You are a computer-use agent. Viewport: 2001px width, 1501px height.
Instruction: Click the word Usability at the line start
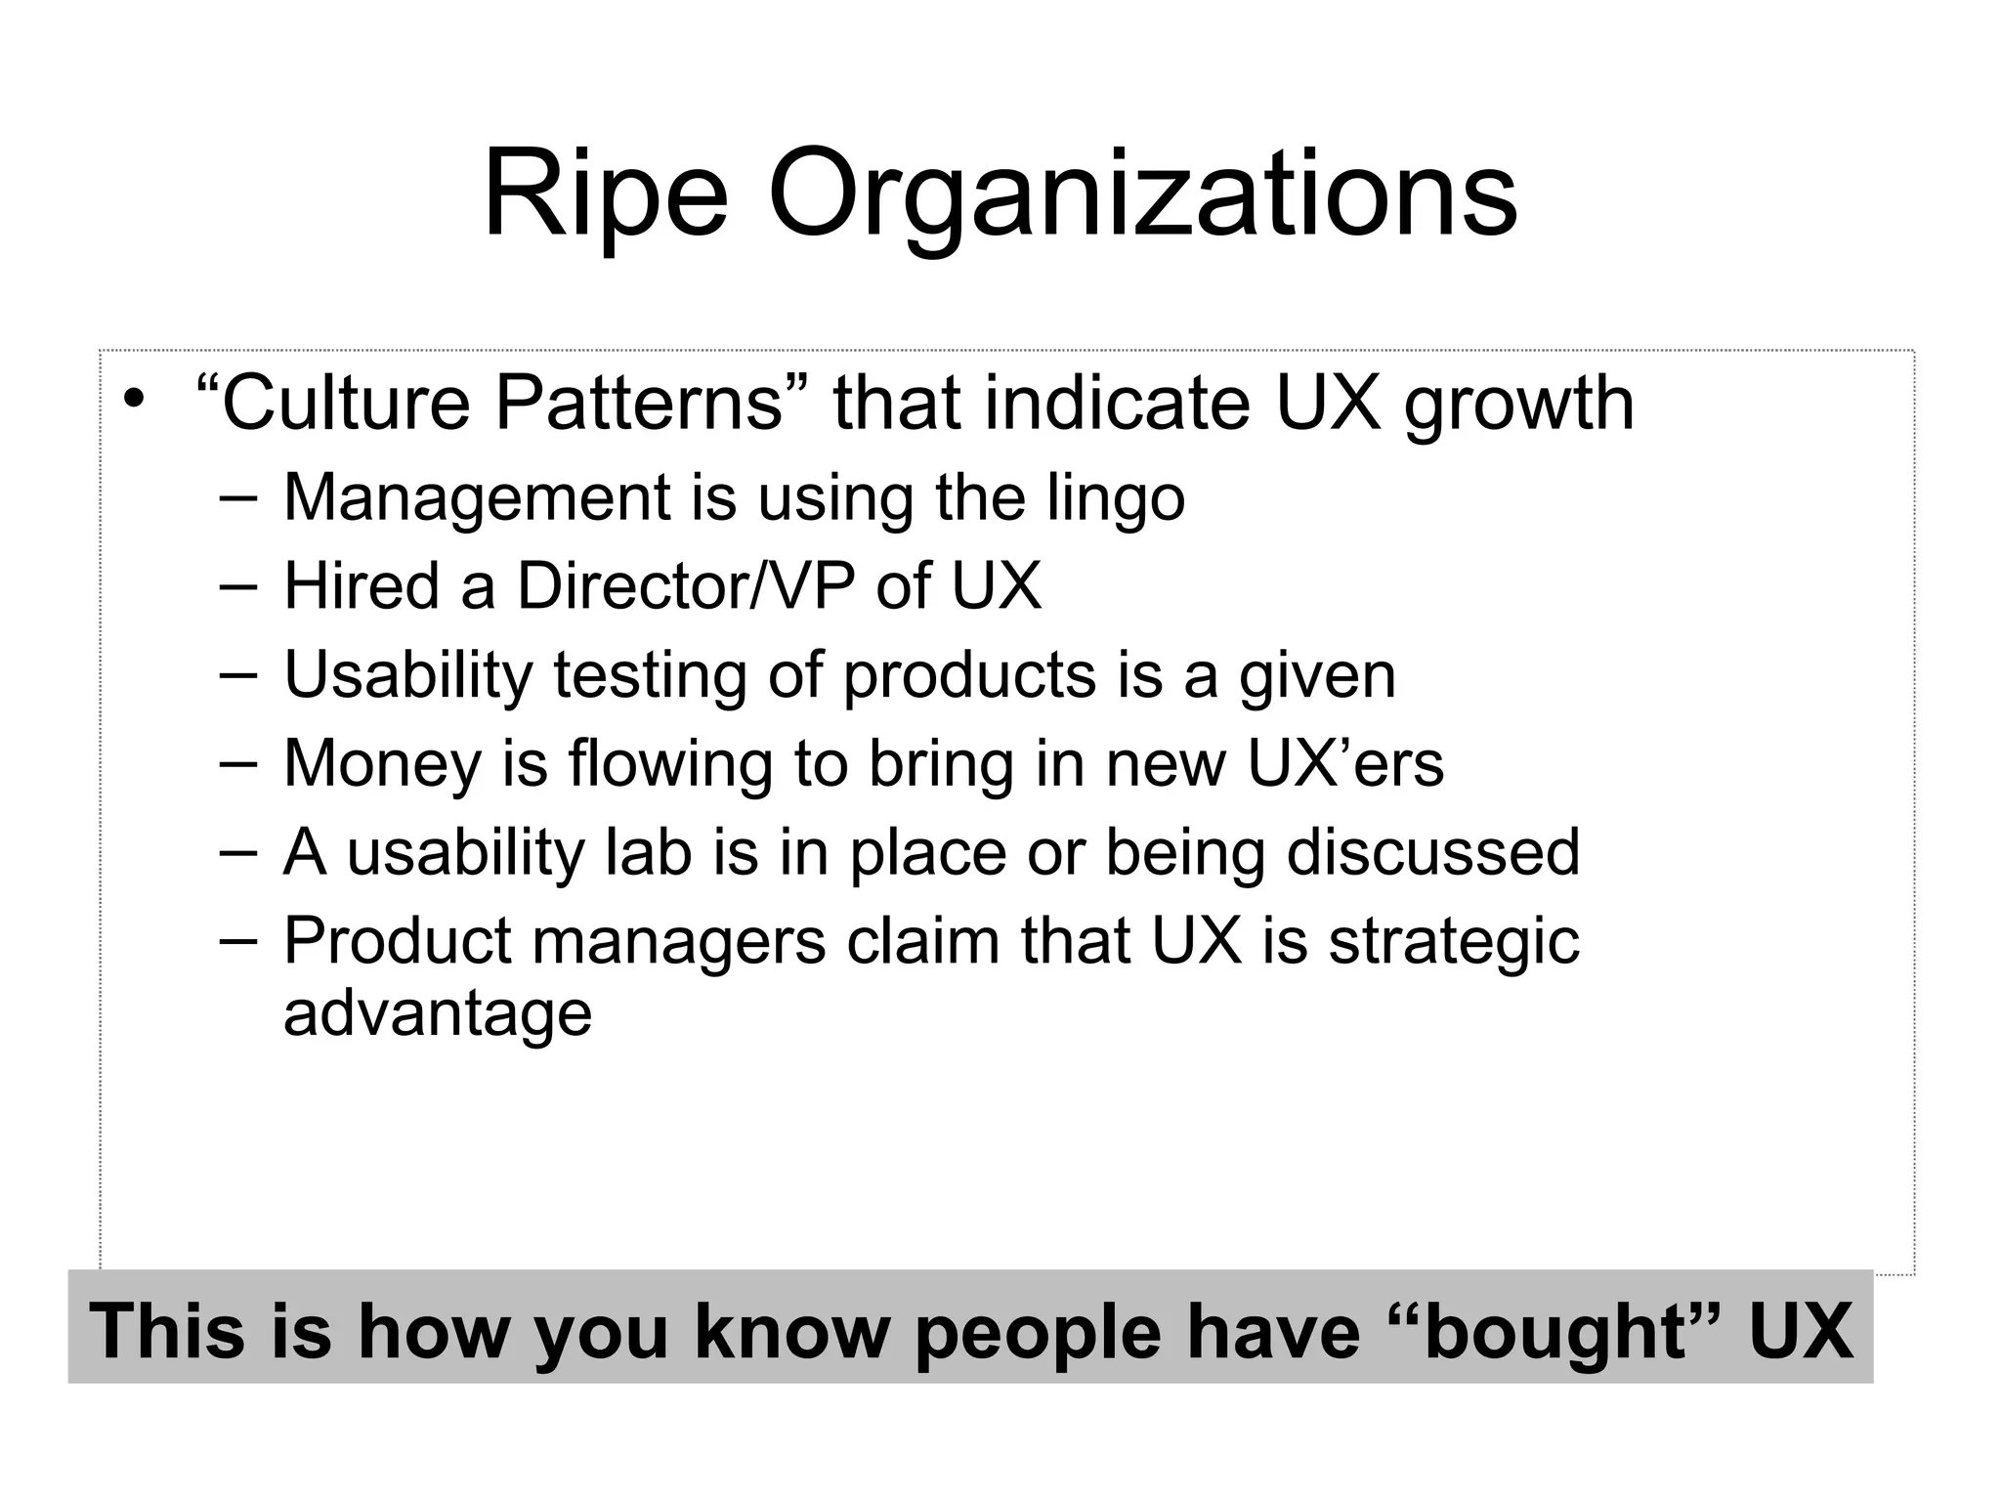point(407,676)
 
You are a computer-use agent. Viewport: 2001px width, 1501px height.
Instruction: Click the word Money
point(383,764)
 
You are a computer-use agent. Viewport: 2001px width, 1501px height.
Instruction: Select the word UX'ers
point(1345,763)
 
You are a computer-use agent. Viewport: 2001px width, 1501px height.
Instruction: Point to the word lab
point(649,852)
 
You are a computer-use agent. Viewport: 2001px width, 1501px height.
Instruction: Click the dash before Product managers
point(238,940)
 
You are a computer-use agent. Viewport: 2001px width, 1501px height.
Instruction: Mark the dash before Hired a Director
point(238,586)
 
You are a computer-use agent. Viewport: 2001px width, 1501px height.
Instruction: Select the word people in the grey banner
point(1037,1332)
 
